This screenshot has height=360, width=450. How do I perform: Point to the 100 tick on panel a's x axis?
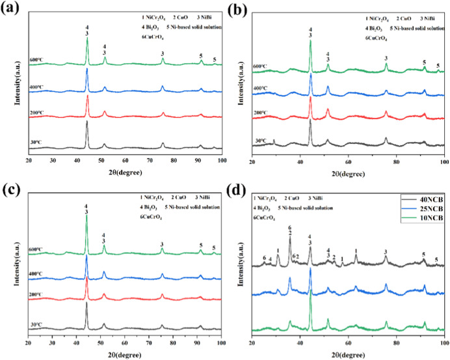[x=222, y=160]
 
